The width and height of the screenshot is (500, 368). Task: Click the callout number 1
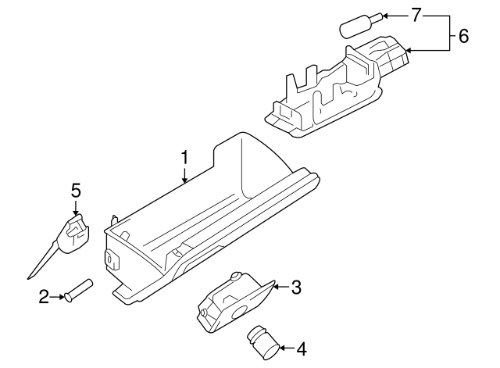pos(184,158)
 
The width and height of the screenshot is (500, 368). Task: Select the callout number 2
pos(45,295)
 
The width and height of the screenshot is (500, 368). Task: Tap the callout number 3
pos(295,288)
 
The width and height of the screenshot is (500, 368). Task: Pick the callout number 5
pos(76,191)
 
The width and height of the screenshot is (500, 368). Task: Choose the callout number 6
pos(463,35)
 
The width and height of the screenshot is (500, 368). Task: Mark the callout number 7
pos(416,16)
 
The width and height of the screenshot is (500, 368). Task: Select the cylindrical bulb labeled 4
pos(263,341)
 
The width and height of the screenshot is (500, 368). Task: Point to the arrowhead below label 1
pos(184,181)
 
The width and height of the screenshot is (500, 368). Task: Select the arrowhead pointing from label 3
pos(275,288)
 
